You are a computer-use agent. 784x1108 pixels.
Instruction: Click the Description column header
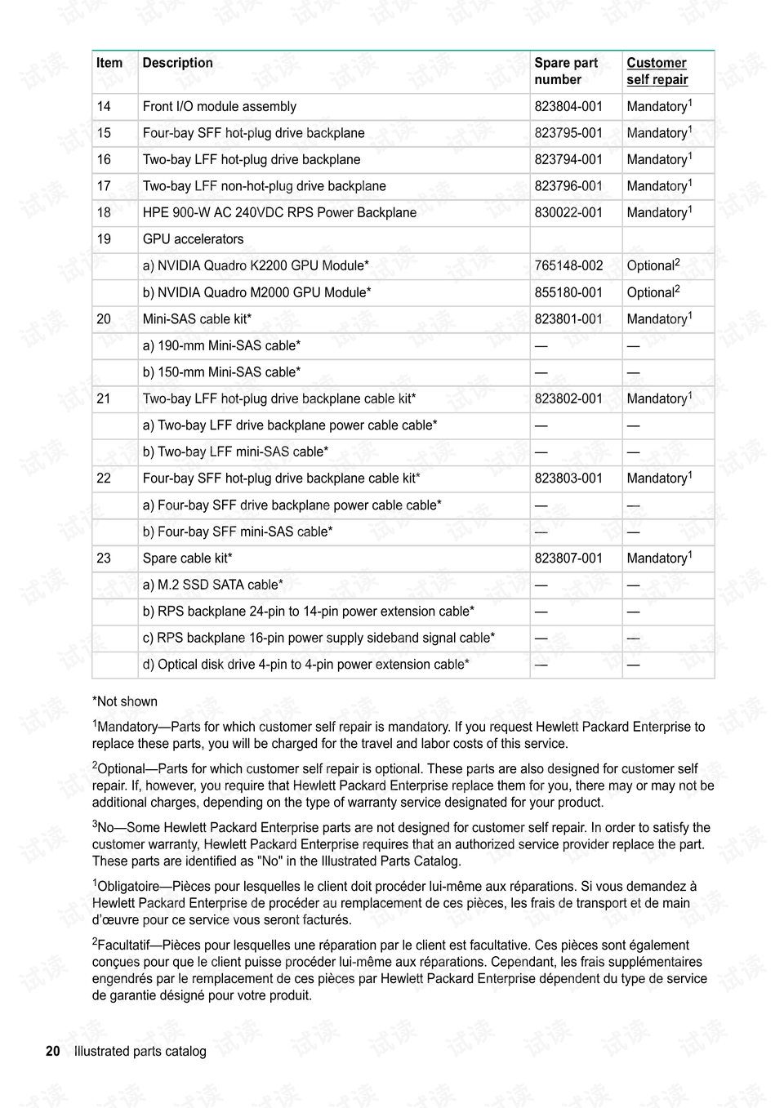tap(177, 63)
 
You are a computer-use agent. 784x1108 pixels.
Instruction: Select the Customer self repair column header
tap(657, 71)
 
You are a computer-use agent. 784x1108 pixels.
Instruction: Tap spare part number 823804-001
tap(568, 106)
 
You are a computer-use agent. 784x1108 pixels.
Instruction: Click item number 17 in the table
tap(104, 186)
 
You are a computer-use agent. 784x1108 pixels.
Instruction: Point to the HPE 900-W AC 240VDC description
tap(279, 212)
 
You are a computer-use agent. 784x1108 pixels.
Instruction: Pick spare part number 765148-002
tap(568, 265)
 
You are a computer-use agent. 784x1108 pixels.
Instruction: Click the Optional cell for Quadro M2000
tap(653, 292)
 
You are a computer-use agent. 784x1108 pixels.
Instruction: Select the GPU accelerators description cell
tap(193, 239)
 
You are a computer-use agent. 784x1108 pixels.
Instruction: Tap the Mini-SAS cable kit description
tap(197, 319)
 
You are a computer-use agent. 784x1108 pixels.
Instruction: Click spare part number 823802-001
tap(568, 398)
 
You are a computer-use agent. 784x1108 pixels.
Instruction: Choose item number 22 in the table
tap(104, 478)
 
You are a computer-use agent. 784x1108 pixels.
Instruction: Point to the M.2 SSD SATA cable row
tap(212, 585)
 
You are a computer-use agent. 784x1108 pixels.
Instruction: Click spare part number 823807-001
tap(568, 558)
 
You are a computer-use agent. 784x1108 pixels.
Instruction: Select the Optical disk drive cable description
tap(305, 665)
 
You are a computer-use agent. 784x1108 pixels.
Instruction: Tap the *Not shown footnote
tap(125, 701)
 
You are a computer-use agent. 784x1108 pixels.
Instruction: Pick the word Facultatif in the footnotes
tap(126, 946)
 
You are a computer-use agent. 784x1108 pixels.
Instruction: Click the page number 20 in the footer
tap(53, 1052)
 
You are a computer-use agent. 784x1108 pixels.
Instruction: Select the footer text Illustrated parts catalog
tap(140, 1052)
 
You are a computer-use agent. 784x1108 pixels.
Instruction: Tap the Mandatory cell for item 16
tap(658, 159)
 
